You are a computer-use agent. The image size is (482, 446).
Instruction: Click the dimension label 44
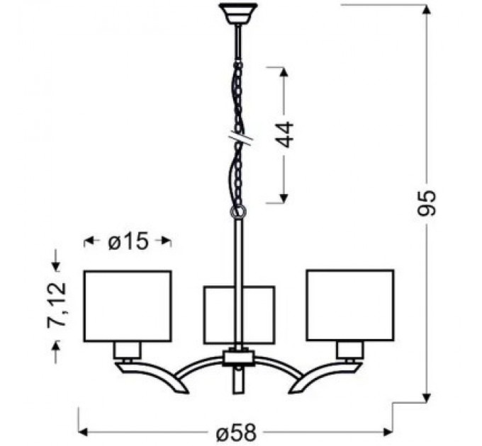[x=285, y=134]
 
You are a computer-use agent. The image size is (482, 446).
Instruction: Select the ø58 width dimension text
[x=234, y=431]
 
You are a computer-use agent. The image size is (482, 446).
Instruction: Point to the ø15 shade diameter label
[x=128, y=241]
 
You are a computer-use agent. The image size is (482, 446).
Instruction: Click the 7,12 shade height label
[x=56, y=304]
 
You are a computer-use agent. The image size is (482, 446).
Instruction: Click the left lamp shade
[x=128, y=306]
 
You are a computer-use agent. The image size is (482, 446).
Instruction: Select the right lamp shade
[x=349, y=305]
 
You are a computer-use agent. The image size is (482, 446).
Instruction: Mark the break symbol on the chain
[x=240, y=137]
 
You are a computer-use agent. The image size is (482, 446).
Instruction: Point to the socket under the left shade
[x=128, y=349]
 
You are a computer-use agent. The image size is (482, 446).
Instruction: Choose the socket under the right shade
[x=349, y=349]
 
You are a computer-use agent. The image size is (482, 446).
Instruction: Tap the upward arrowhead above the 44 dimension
[x=284, y=71]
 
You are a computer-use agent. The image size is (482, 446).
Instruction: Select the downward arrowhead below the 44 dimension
[x=284, y=199]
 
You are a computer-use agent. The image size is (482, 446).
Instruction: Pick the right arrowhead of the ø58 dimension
[x=388, y=431]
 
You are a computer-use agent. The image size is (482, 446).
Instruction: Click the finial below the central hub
[x=238, y=379]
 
